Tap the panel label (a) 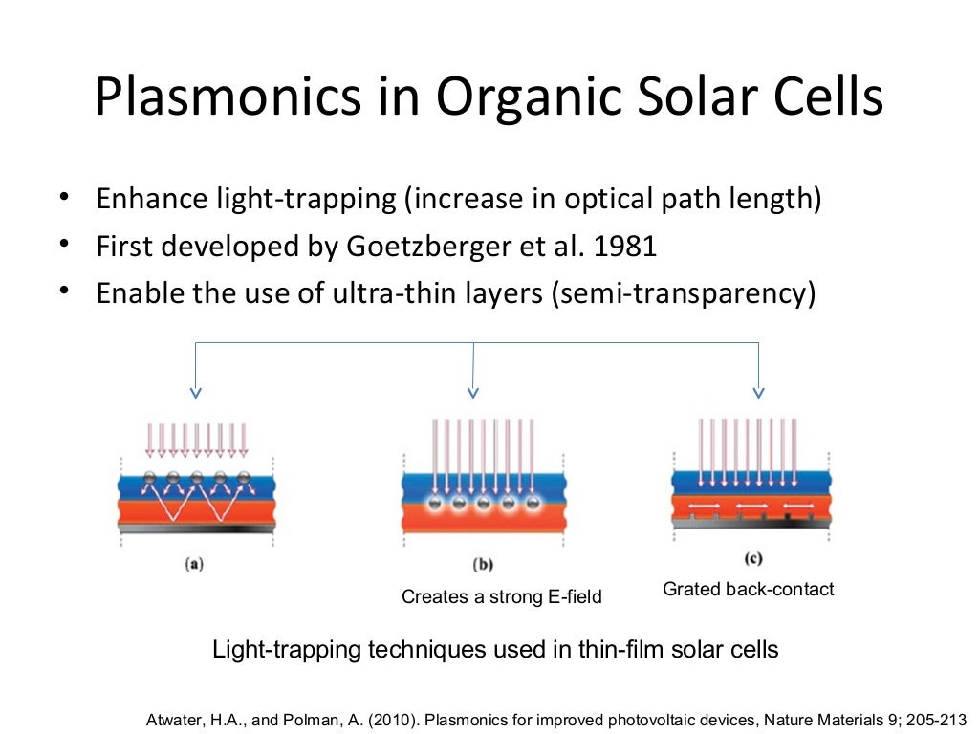point(194,564)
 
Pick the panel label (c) point(752,557)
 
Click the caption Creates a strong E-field point(501,597)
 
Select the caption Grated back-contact point(748,590)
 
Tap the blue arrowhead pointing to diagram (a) point(196,391)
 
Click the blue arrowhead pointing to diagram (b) point(473,391)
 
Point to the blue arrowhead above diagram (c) point(758,391)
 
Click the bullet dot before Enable point(63,291)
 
